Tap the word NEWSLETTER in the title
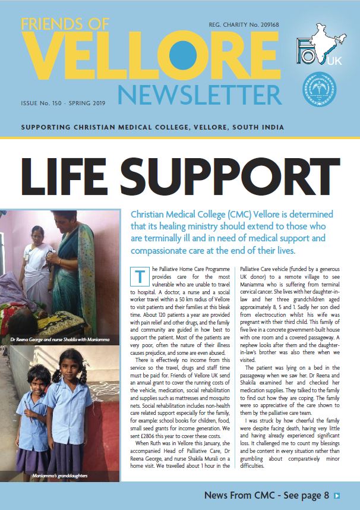200,93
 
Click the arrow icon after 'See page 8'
337,495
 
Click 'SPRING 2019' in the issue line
86,103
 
